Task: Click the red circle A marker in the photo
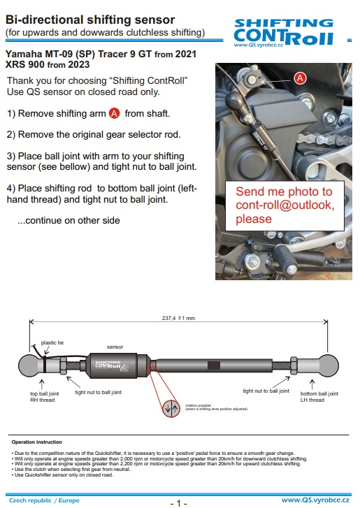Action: [x=300, y=78]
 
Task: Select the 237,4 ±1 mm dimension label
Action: [x=178, y=318]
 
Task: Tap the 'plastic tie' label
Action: [x=53, y=342]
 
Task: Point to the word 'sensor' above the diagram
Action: [x=115, y=347]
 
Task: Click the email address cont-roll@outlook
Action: [x=285, y=205]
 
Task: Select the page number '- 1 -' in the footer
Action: [x=179, y=502]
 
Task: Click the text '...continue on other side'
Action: [x=69, y=220]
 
